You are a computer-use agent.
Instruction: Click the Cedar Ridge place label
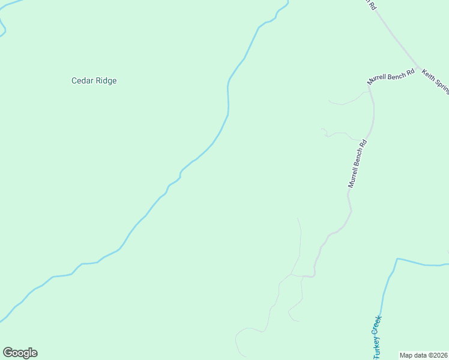94,80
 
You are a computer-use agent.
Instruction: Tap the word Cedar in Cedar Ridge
82,80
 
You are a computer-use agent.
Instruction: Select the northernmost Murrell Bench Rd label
391,77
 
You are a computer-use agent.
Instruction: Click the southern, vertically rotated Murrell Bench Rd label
357,164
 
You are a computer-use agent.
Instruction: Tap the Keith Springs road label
436,80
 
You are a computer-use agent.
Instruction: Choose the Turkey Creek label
377,337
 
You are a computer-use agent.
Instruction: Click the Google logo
20,353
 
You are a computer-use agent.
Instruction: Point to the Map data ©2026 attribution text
424,355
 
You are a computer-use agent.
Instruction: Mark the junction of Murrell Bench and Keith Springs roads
418,67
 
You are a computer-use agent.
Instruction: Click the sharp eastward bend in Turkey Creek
397,259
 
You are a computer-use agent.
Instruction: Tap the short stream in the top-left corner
3,27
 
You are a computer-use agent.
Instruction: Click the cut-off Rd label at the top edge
372,5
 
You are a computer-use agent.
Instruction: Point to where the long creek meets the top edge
288,2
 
